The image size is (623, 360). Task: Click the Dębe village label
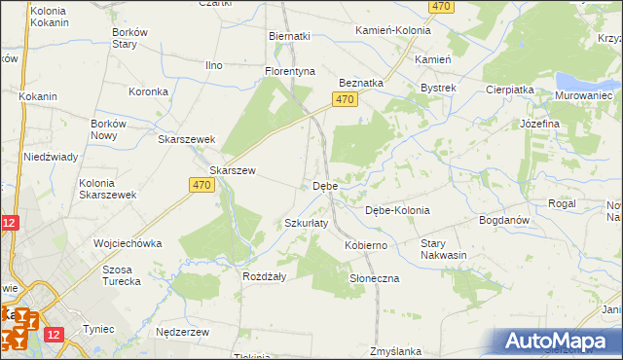click(x=325, y=186)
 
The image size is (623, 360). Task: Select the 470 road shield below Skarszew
click(x=202, y=185)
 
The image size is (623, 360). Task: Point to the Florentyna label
click(x=291, y=71)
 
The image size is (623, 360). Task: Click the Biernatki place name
click(x=289, y=36)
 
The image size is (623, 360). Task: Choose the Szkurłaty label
click(x=307, y=223)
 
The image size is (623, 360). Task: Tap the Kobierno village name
click(x=366, y=245)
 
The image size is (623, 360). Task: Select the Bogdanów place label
click(x=503, y=221)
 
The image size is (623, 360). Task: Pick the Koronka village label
click(x=150, y=91)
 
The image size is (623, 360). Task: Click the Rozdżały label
click(x=264, y=276)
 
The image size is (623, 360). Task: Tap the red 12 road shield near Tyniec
click(x=54, y=335)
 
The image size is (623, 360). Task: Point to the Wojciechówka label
click(x=127, y=243)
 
